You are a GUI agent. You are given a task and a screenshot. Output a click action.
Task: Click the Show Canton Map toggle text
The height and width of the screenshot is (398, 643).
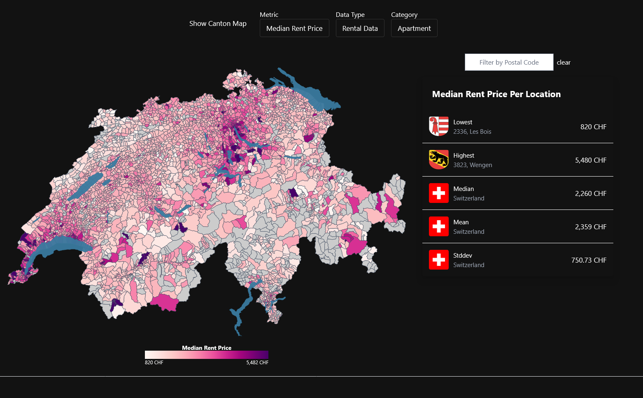[x=218, y=24]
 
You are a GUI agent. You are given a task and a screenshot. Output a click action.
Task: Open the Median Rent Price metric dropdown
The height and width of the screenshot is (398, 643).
[x=294, y=28]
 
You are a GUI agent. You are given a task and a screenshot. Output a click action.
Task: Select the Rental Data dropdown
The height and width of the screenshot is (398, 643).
[x=360, y=28]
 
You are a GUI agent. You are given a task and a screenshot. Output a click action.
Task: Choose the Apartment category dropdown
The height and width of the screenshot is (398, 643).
[x=414, y=28]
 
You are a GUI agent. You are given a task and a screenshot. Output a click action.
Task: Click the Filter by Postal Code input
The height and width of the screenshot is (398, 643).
[x=509, y=63]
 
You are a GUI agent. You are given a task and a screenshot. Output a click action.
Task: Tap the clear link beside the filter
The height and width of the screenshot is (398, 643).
[x=564, y=63]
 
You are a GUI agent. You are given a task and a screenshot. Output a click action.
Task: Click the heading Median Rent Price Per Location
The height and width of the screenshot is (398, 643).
[x=496, y=94]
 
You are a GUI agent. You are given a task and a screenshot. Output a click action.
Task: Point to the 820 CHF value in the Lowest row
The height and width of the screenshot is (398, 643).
[x=593, y=127]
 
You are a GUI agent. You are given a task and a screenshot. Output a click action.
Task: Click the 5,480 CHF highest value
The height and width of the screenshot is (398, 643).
[x=590, y=160]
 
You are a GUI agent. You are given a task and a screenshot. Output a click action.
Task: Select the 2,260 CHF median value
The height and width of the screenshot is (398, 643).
[x=590, y=193]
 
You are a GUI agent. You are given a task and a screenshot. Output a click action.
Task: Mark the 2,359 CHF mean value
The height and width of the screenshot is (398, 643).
[x=590, y=227]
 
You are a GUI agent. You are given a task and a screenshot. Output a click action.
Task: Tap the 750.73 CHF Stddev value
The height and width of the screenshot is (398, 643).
[x=589, y=260]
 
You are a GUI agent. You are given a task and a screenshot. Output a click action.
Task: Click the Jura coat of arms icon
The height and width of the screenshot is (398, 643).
[x=439, y=126]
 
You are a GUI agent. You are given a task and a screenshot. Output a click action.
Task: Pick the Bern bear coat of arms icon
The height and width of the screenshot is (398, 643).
[x=439, y=160]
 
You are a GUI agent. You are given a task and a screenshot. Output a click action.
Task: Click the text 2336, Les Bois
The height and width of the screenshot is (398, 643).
[x=472, y=132]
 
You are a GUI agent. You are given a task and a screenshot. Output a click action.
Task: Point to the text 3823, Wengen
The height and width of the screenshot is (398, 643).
[x=473, y=165]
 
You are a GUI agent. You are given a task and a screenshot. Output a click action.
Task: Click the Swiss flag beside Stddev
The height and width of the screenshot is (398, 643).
[x=439, y=260]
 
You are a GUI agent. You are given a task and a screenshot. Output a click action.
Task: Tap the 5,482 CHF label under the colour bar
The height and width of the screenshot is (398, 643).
[x=257, y=363]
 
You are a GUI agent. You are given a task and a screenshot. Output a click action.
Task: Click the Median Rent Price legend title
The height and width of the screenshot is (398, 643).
[x=207, y=348]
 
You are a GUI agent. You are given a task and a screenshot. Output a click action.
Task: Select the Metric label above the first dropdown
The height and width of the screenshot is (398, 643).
[x=269, y=15]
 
